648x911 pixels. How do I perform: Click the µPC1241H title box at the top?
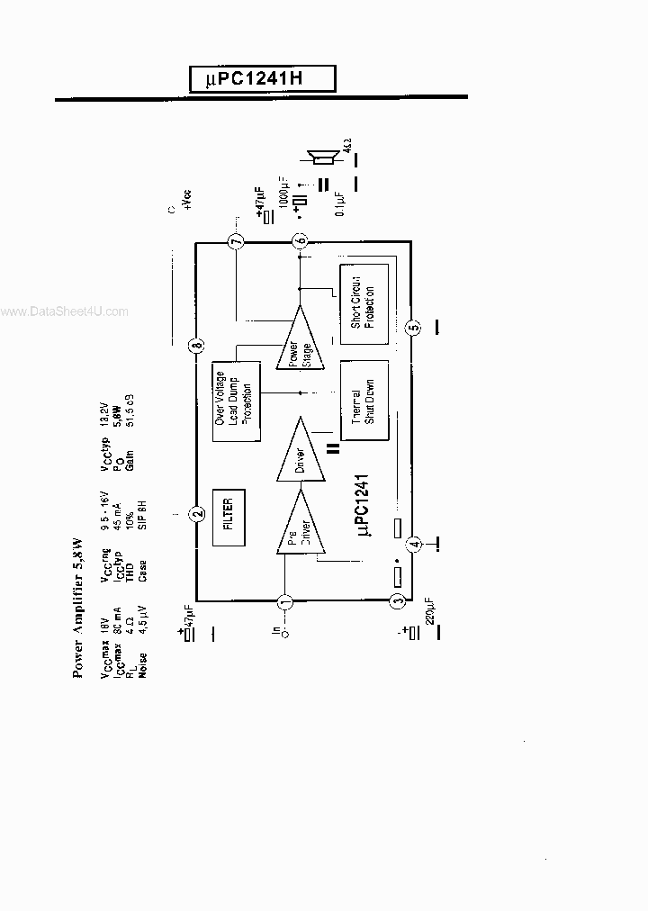coord(262,79)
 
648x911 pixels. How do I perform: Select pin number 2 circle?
coord(197,515)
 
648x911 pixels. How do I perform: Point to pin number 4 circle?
coord(413,543)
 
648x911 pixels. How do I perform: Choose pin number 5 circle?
coord(413,328)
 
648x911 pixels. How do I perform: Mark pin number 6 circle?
coord(300,240)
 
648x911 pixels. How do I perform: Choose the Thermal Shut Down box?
coord(363,401)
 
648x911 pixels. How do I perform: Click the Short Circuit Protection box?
coord(363,304)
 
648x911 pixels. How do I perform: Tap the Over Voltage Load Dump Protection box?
coord(235,401)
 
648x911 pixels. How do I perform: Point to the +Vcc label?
coord(187,199)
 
